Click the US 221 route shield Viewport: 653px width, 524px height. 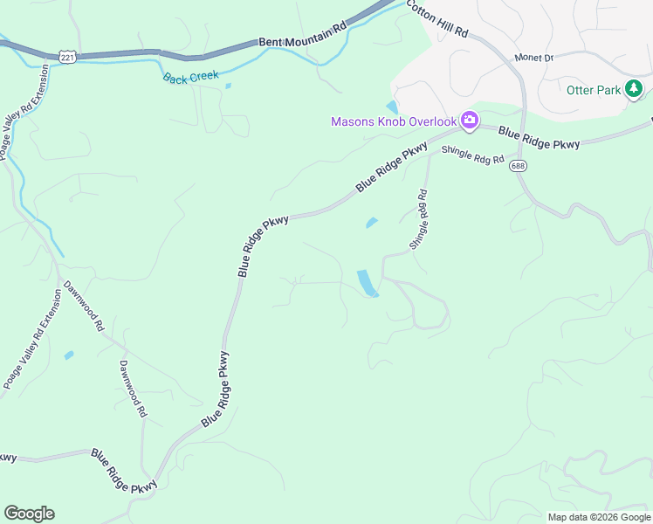point(67,56)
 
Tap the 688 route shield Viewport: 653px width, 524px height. point(519,165)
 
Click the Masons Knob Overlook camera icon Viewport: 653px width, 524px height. point(470,121)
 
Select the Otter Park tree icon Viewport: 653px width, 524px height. point(635,89)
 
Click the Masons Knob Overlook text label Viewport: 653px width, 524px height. point(393,121)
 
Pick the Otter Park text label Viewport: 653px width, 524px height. point(593,90)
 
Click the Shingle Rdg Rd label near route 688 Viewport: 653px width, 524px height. point(473,155)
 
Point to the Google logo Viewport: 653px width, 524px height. point(29,514)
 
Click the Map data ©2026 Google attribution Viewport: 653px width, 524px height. point(599,517)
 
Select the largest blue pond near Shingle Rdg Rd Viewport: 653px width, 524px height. point(368,283)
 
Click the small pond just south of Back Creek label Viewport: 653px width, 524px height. point(228,86)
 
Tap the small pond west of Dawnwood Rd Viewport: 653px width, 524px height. point(69,355)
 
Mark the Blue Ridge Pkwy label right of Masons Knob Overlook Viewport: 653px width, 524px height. point(539,137)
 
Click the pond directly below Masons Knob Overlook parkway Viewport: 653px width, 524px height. point(371,223)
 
